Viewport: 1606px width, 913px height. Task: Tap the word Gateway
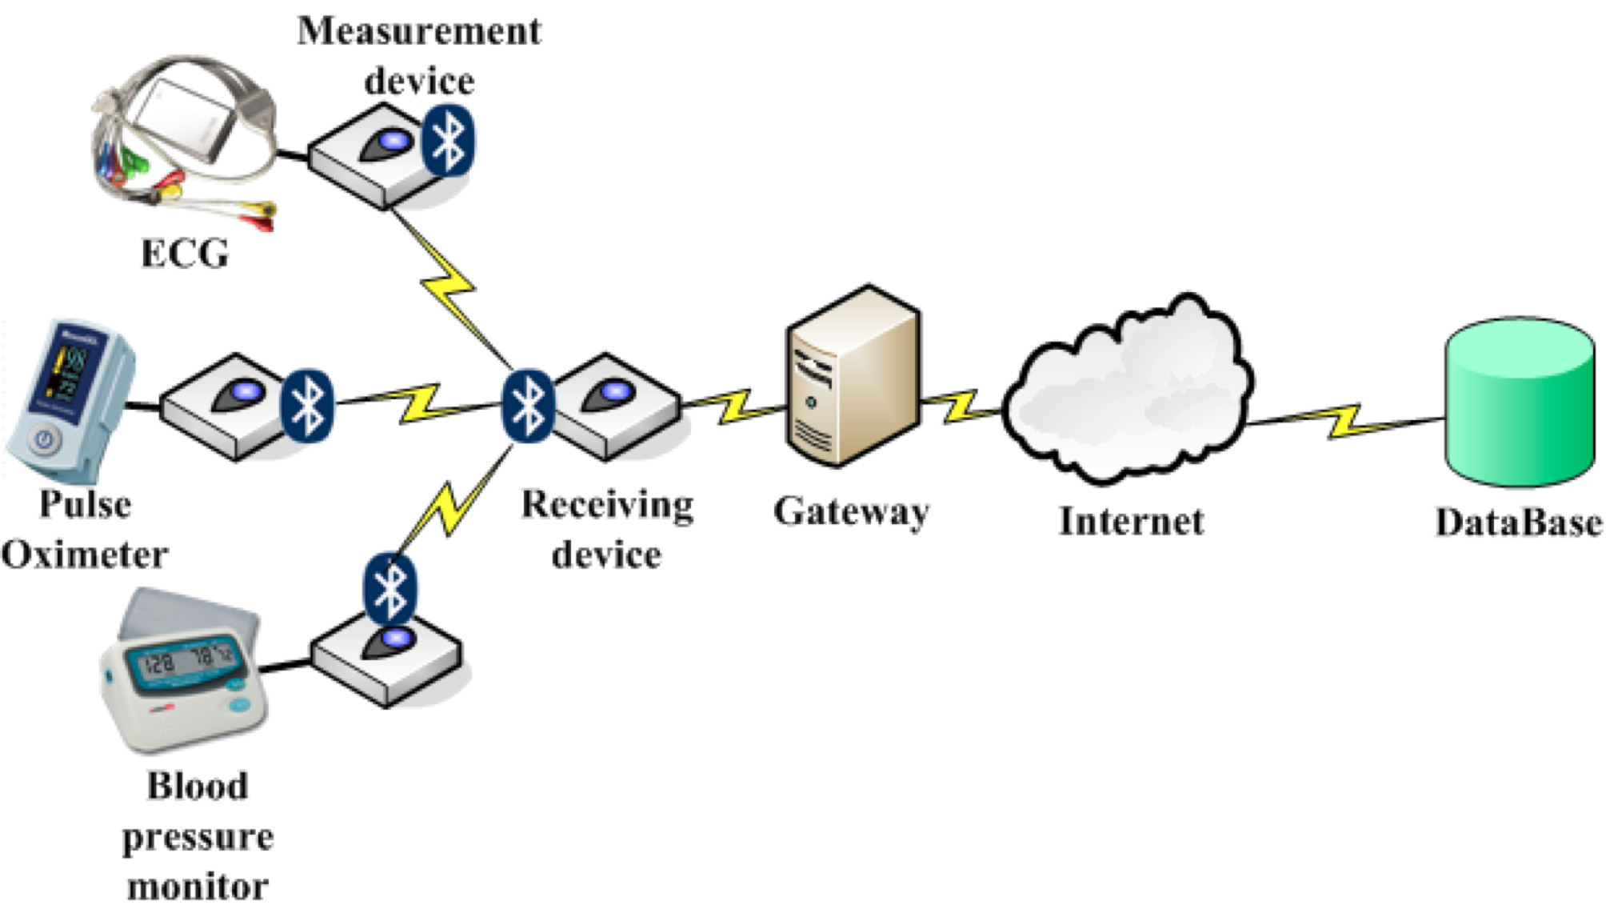[x=851, y=511]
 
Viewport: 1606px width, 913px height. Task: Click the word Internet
[x=1130, y=520]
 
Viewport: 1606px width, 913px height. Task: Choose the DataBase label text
[x=1517, y=521]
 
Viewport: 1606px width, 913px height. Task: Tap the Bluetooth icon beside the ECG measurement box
[x=449, y=139]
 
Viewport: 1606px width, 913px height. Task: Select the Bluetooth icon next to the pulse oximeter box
[x=307, y=405]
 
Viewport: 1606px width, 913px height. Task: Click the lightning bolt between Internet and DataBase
[x=1345, y=421]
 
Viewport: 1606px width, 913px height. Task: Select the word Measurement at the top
[x=419, y=33]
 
